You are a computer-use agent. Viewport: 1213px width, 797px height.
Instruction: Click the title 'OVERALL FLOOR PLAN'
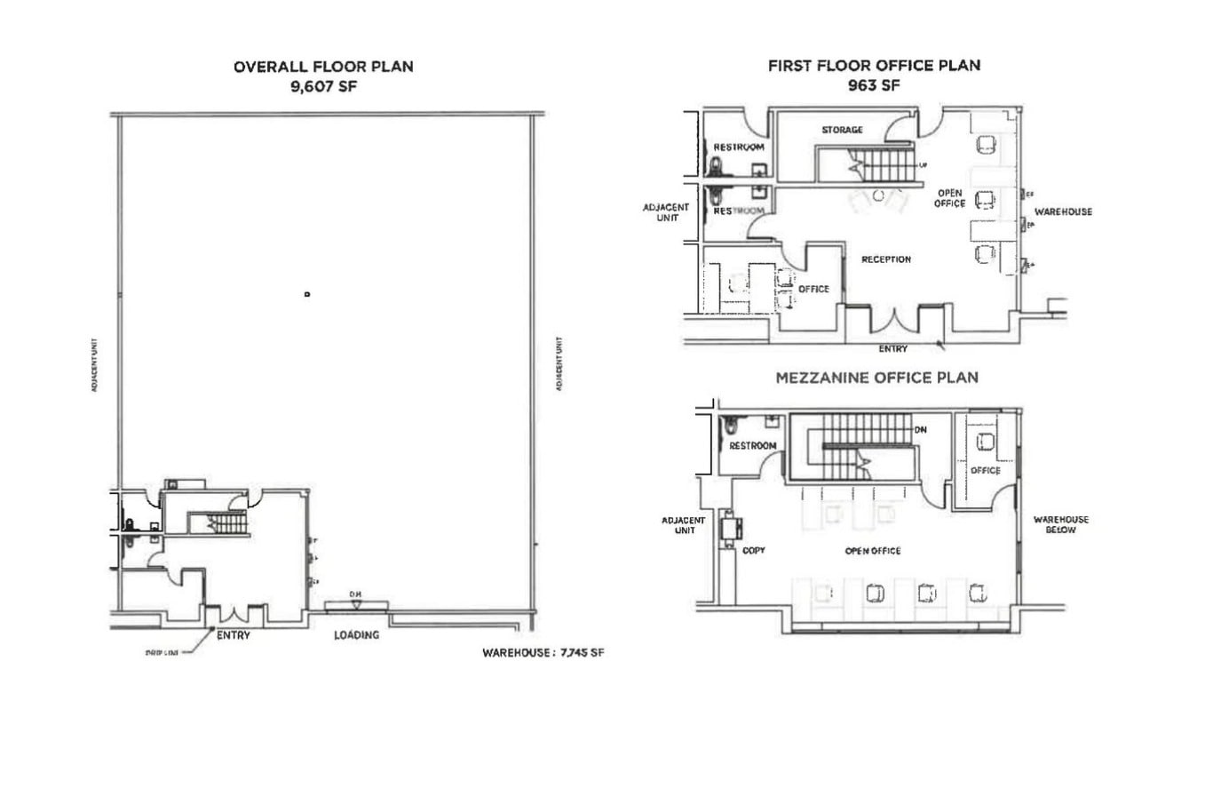tap(323, 67)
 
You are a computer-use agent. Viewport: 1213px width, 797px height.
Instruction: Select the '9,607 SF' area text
tap(323, 87)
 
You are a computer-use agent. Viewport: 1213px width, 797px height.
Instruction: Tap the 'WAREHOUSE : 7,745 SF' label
tap(543, 652)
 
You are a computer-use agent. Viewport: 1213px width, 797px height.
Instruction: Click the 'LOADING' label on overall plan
tap(356, 635)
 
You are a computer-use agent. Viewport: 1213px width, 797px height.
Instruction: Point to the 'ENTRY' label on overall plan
tap(234, 635)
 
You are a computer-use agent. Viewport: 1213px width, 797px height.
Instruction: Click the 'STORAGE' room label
tap(842, 130)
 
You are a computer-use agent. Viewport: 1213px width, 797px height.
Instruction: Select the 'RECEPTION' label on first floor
tap(885, 259)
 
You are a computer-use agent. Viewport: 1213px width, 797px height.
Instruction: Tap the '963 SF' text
tap(874, 86)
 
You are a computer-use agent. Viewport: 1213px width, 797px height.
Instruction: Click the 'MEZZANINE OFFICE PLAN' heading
tap(876, 378)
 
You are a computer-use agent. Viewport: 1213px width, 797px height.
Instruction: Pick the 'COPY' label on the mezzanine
tap(753, 551)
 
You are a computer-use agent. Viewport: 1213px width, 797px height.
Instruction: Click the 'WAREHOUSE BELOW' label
tap(1060, 524)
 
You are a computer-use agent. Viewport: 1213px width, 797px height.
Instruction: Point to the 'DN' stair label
tap(921, 430)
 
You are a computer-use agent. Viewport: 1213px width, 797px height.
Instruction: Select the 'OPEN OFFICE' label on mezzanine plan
tap(872, 551)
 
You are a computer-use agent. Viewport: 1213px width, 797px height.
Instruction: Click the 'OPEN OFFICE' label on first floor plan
tap(949, 198)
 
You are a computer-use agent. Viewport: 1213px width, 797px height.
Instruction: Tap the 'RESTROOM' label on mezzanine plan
tap(752, 446)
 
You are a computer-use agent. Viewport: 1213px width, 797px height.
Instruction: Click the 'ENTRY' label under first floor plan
tap(892, 349)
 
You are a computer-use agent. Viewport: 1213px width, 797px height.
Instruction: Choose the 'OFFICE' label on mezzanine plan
tap(985, 471)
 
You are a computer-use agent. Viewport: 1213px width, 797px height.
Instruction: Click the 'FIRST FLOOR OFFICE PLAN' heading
tap(874, 66)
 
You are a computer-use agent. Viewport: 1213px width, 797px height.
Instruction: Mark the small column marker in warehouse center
tap(307, 294)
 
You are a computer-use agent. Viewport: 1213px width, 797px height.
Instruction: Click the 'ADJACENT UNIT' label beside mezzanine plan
tap(683, 525)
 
